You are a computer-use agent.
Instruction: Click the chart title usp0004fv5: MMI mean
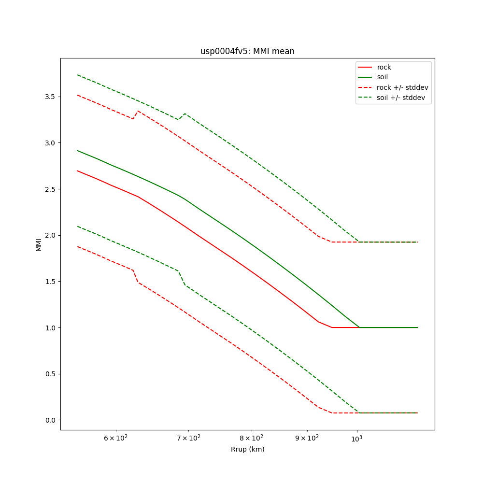coord(247,51)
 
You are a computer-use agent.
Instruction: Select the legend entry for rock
coord(384,67)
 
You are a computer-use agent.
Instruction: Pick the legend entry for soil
coord(383,77)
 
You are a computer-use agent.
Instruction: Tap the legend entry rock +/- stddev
coord(402,87)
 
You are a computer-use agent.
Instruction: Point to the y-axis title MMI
coord(39,244)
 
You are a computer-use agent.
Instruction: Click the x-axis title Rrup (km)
coord(247,449)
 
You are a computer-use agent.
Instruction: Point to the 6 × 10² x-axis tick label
coord(116,438)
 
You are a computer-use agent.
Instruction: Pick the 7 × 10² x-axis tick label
coord(188,438)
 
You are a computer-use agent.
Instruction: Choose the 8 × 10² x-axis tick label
coord(251,438)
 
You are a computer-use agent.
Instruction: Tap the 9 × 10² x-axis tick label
coord(307,438)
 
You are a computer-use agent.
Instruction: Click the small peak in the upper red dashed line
coord(138,111)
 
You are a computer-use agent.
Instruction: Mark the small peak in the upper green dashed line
coord(185,114)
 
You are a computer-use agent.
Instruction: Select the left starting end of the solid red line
coord(77,170)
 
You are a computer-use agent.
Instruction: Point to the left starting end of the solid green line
coord(77,150)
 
